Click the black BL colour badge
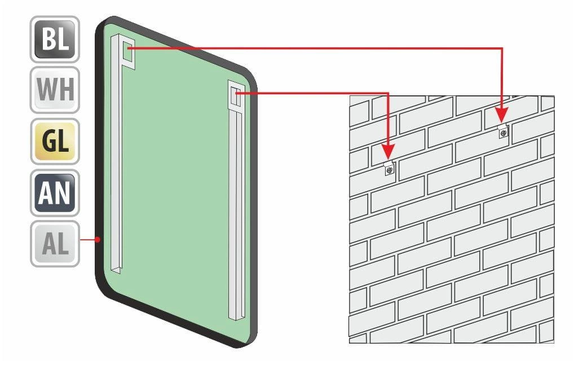point(55,39)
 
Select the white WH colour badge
point(55,90)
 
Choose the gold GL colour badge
point(55,141)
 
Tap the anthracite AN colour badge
point(55,192)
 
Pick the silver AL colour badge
point(55,244)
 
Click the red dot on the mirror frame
point(98,239)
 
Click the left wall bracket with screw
point(390,169)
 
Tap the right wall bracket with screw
point(503,131)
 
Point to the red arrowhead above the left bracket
point(388,151)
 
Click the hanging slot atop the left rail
point(129,51)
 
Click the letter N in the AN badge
point(63,192)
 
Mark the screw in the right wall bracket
point(504,133)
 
